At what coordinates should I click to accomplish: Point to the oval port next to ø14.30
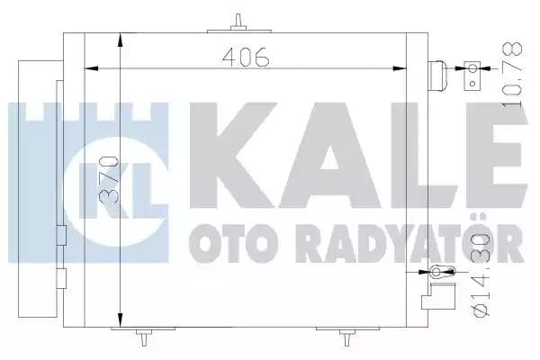click(x=436, y=273)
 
